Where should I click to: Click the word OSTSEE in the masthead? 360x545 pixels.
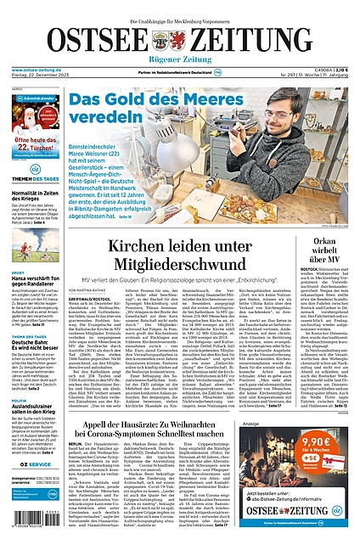tap(93, 41)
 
